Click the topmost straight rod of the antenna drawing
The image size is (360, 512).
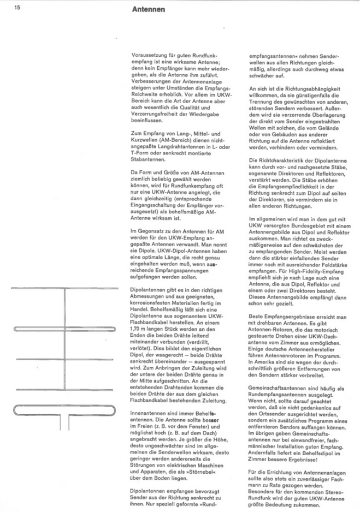[x=66, y=288]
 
